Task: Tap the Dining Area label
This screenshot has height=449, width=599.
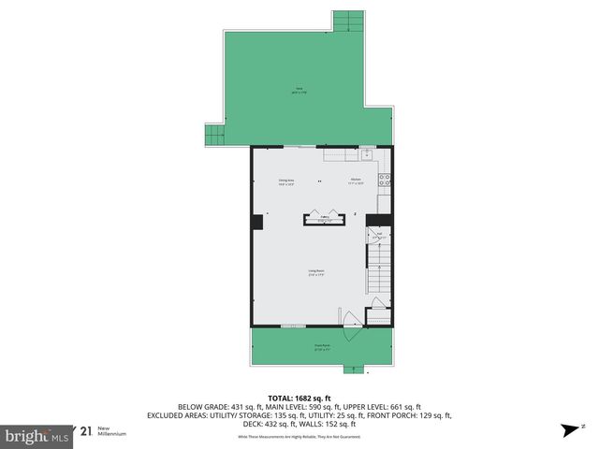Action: point(286,182)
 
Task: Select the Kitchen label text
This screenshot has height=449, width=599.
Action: point(356,182)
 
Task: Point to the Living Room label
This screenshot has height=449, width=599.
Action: point(316,273)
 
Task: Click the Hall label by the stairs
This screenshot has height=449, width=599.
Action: point(379,236)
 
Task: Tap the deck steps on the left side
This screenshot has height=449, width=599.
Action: point(214,135)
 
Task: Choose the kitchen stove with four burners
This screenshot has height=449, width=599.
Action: point(383,180)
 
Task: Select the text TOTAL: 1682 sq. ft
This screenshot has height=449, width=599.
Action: point(299,396)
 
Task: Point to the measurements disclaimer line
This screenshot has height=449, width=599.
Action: point(299,437)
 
